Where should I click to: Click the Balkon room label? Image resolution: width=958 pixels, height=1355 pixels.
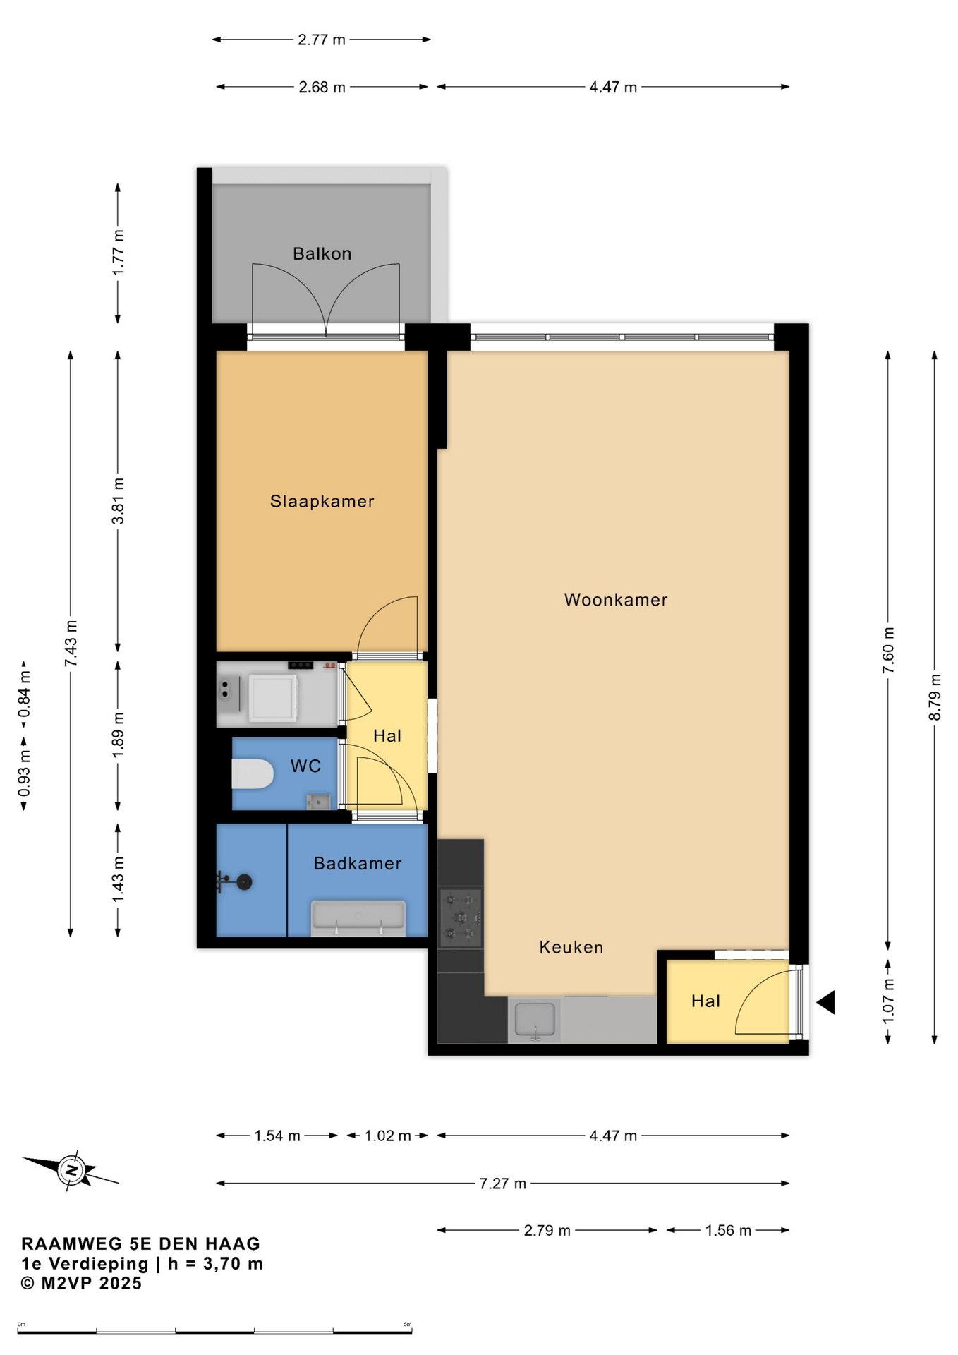[322, 253]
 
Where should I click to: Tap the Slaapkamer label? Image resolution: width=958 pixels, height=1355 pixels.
[322, 501]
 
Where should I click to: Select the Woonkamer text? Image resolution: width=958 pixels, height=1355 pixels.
[616, 600]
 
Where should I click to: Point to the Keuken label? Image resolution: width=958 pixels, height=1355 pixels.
[571, 947]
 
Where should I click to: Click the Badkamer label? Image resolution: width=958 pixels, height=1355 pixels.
[358, 863]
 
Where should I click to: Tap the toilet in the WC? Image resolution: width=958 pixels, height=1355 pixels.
[252, 773]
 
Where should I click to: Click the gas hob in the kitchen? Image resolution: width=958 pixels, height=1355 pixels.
[461, 917]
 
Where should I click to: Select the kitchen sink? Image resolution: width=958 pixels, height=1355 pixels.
[535, 1020]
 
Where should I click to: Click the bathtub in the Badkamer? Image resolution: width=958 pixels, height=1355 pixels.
[358, 918]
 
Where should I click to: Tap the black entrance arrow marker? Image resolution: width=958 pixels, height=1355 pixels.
[826, 1002]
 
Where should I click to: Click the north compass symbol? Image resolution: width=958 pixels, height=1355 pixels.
[71, 1170]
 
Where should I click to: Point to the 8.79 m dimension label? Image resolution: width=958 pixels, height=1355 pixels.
[935, 697]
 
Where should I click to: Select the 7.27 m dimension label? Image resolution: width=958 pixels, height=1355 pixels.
[503, 1184]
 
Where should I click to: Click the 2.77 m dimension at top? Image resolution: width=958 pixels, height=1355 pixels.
[322, 40]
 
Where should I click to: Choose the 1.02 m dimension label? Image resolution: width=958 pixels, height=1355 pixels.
[387, 1136]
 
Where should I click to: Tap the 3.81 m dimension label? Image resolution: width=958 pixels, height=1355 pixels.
[118, 501]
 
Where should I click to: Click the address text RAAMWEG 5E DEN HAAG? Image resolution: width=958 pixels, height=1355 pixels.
[141, 1243]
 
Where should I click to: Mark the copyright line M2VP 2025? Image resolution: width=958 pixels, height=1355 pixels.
[82, 1283]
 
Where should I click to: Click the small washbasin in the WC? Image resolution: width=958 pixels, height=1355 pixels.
[318, 802]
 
